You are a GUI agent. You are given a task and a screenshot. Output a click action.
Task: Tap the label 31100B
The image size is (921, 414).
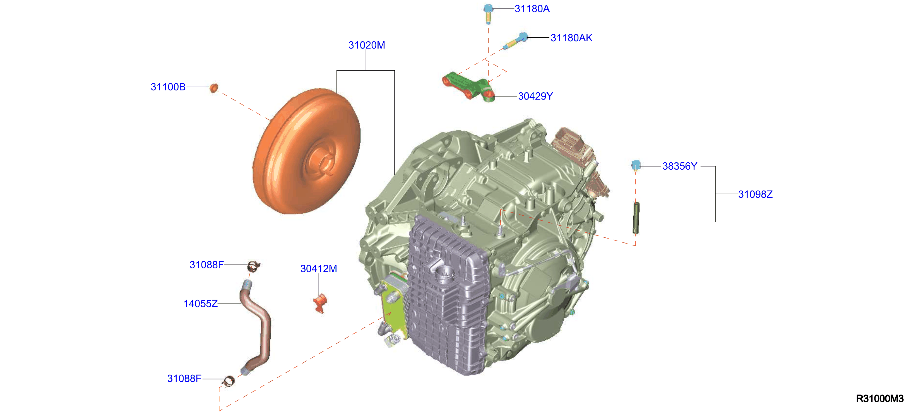168,87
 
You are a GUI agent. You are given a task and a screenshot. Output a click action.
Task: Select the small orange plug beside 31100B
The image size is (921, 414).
213,88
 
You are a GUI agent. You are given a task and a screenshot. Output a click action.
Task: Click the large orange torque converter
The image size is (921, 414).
306,151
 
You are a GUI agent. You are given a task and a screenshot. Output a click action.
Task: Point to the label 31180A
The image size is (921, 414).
532,9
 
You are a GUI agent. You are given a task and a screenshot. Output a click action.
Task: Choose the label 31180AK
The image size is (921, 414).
571,38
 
